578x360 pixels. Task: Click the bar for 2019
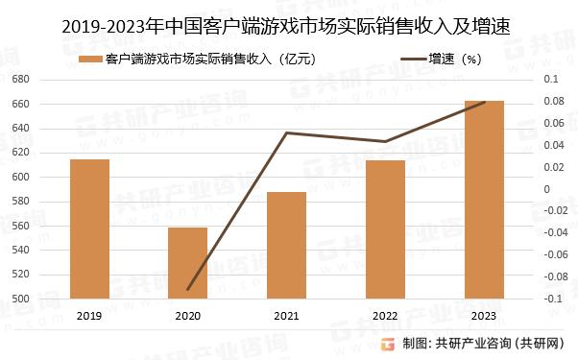pos(89,228)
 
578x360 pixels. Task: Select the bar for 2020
pos(187,263)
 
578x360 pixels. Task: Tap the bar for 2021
pos(286,245)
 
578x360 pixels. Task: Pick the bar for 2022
pos(385,228)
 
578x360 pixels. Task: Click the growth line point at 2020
pos(188,289)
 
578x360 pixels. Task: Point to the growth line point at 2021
pos(286,132)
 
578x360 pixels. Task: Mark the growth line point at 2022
pos(385,142)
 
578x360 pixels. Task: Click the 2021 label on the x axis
pos(286,315)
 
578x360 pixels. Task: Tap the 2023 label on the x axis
pos(483,315)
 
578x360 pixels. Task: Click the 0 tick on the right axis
pos(548,188)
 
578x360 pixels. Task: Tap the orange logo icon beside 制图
pos(389,344)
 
